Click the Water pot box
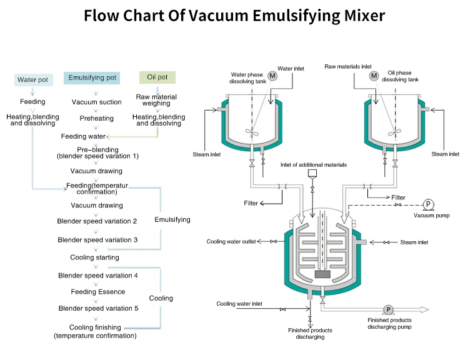click(x=32, y=79)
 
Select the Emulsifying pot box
click(x=93, y=78)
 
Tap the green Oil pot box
click(x=157, y=77)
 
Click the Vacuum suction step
click(x=97, y=102)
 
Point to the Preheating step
click(x=96, y=118)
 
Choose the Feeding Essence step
click(x=97, y=292)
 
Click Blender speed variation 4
click(x=97, y=276)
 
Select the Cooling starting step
click(x=94, y=257)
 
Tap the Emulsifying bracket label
click(x=172, y=219)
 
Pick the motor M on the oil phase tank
click(x=374, y=76)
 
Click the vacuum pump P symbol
click(x=429, y=204)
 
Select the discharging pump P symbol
click(x=388, y=309)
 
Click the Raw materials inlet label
click(x=348, y=66)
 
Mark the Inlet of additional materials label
click(x=313, y=164)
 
